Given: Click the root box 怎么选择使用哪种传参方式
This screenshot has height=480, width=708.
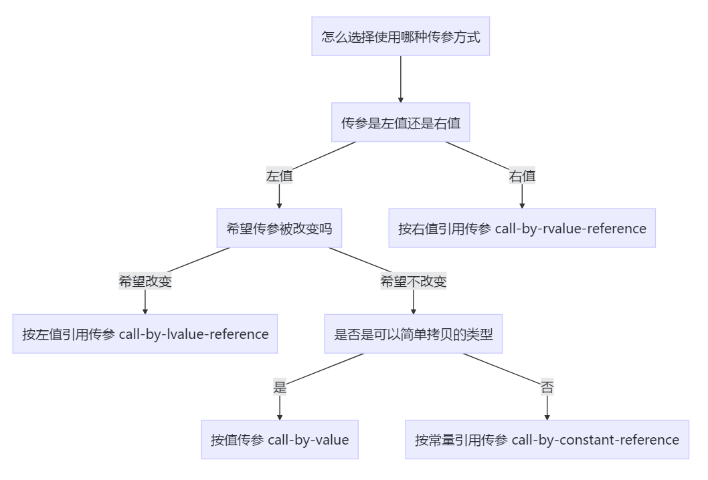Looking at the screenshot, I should tap(400, 36).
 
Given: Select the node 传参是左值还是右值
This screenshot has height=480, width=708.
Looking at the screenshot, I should tap(400, 122).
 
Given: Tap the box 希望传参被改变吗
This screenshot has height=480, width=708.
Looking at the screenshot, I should tap(279, 228).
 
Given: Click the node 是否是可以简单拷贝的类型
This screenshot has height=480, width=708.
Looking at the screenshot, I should tap(413, 334).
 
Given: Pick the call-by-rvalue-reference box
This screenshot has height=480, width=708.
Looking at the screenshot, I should tap(522, 228).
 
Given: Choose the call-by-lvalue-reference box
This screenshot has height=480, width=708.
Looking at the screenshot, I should tap(145, 334).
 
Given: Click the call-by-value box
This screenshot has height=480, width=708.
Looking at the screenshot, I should tap(279, 439).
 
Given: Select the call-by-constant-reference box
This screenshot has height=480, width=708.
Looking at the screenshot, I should tap(547, 439).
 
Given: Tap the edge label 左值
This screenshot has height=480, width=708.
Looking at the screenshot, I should tap(279, 176).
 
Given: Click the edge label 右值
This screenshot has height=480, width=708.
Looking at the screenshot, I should tap(522, 176).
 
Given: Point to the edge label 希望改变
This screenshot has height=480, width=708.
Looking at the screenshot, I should tap(145, 281).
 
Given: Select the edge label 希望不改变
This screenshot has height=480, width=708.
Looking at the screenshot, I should tap(413, 281).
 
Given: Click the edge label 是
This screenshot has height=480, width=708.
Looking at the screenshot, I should tap(279, 387).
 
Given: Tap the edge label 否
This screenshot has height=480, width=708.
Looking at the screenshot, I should tap(547, 387).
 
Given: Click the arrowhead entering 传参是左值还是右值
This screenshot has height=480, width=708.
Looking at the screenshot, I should tap(400, 99).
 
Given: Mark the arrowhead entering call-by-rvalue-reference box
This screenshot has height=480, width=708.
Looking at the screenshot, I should tap(522, 205).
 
